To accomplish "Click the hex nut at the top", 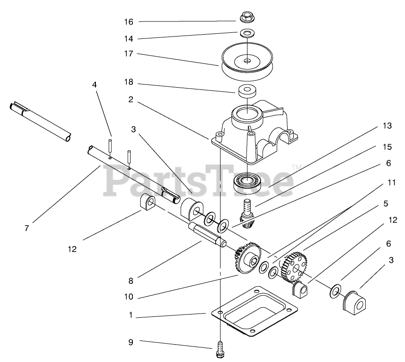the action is click(247, 18).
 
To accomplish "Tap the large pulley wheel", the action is click(247, 62).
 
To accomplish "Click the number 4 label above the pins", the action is click(95, 85).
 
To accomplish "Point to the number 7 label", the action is click(27, 228).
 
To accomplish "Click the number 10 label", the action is click(128, 297).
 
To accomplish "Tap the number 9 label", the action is click(130, 341).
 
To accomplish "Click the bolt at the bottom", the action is click(220, 349).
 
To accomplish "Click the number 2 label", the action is click(131, 100).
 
